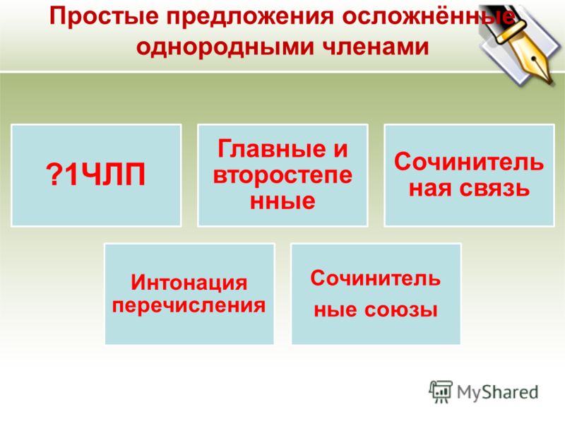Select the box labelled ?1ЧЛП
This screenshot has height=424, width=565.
tap(96, 175)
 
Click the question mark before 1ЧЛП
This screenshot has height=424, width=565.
tap(54, 175)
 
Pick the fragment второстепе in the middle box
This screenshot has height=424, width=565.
tap(282, 175)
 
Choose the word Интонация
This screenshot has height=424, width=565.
tap(189, 282)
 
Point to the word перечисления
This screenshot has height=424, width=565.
tap(189, 306)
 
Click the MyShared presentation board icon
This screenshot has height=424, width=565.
tap(440, 391)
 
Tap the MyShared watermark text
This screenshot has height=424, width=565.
tap(498, 393)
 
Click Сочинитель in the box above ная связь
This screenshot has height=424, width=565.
tap(469, 162)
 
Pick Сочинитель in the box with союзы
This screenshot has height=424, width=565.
tap(376, 278)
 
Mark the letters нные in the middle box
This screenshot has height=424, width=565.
tap(282, 201)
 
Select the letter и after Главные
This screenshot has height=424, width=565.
tap(340, 149)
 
